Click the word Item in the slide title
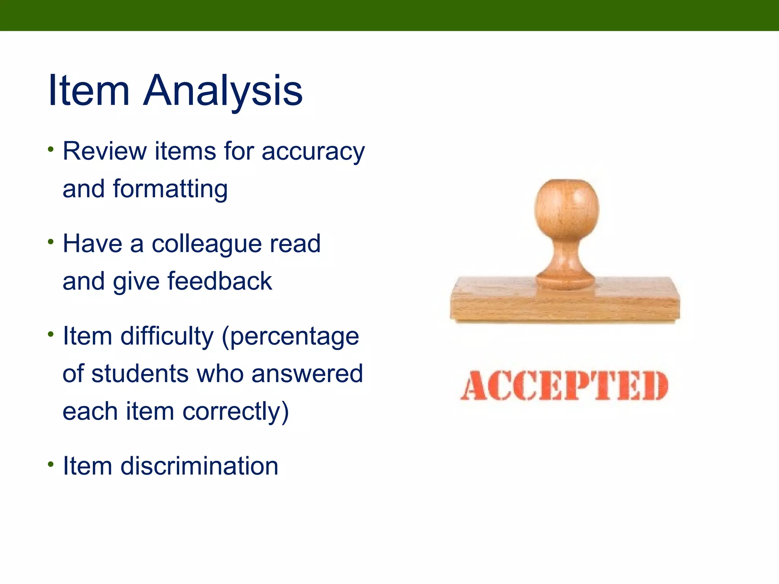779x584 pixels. (89, 91)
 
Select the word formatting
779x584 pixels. (170, 190)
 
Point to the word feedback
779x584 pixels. (219, 282)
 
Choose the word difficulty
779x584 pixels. (167, 337)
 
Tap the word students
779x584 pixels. (140, 374)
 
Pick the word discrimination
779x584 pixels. (199, 466)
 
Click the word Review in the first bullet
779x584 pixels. (104, 151)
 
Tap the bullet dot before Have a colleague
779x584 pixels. (51, 242)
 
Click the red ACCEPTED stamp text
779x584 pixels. (564, 386)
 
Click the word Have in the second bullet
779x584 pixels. (92, 244)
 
